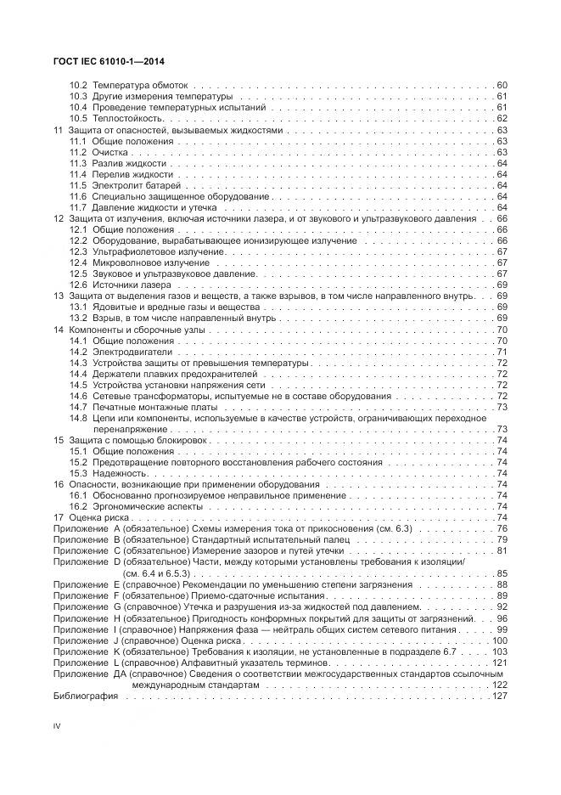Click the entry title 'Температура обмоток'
pos(140,86)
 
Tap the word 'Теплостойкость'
pos(124,119)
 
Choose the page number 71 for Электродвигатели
pos(502,351)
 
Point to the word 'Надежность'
pos(120,473)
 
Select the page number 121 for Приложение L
pos(499,662)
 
